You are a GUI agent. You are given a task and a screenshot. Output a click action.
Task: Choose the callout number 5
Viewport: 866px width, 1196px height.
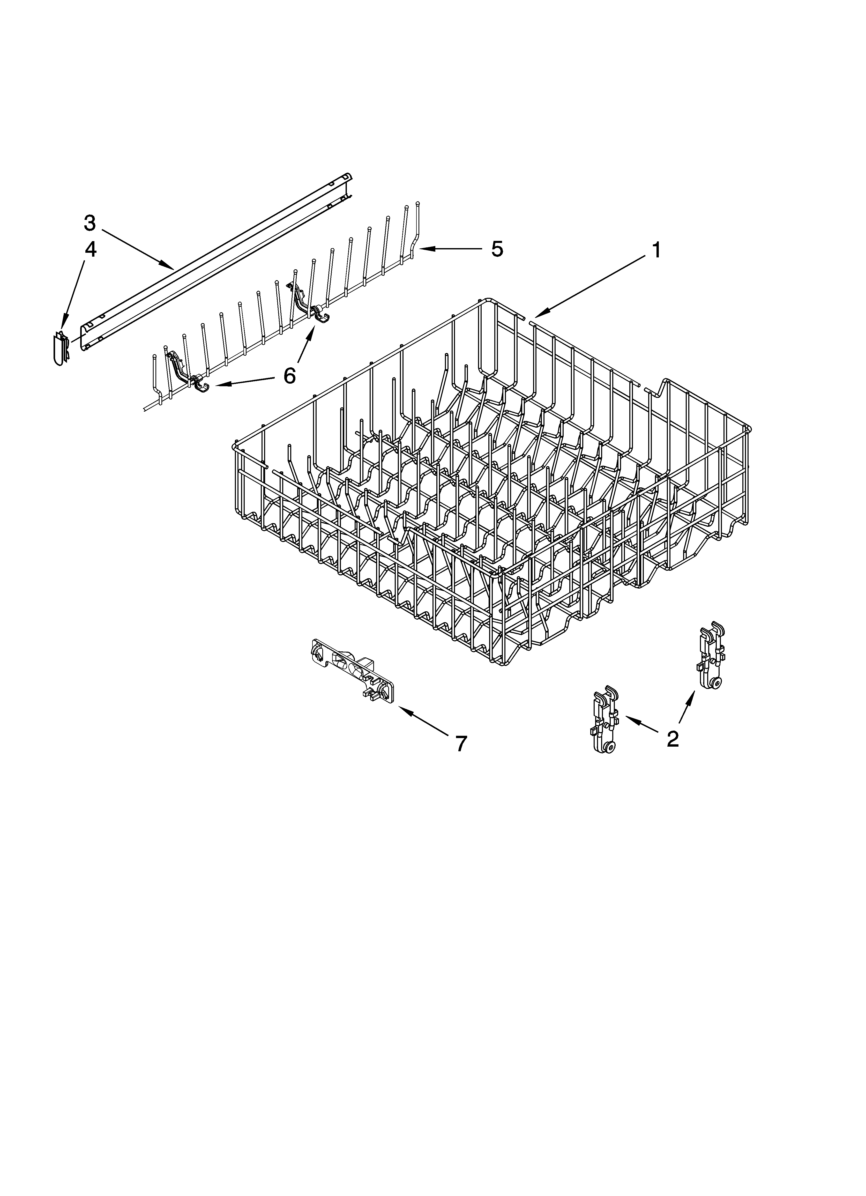pos(497,249)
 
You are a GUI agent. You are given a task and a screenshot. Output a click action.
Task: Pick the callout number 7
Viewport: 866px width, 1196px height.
pos(460,743)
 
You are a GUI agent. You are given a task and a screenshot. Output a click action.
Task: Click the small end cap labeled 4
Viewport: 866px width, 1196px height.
pos(61,348)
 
